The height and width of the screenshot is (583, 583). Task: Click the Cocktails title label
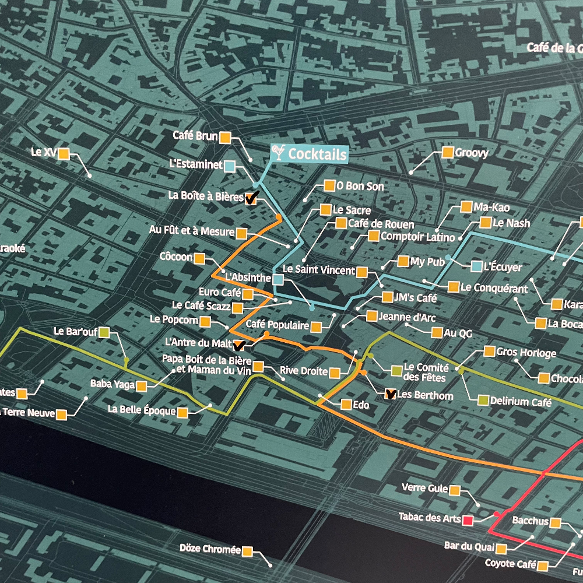click(317, 154)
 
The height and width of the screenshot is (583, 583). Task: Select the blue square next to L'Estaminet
click(230, 167)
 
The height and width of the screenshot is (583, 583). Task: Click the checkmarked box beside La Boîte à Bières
click(251, 198)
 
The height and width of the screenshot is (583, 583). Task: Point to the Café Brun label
click(195, 136)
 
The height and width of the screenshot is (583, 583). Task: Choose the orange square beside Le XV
click(64, 154)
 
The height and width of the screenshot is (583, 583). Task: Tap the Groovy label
click(472, 153)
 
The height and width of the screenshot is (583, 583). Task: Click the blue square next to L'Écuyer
click(476, 267)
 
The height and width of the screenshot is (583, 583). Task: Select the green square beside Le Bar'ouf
click(104, 332)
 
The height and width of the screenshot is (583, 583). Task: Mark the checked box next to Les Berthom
click(391, 395)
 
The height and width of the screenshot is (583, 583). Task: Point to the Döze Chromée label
click(210, 549)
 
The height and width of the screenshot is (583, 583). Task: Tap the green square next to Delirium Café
click(483, 401)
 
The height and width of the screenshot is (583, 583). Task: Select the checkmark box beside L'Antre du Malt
click(238, 344)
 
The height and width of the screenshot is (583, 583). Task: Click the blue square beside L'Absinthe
click(278, 280)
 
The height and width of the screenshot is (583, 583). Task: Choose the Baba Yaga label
click(113, 384)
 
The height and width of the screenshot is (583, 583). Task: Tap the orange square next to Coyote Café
click(543, 566)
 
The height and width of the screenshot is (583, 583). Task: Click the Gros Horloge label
click(526, 353)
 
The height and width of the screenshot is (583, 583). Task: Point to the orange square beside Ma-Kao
click(466, 207)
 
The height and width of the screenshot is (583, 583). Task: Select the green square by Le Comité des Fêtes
click(396, 370)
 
